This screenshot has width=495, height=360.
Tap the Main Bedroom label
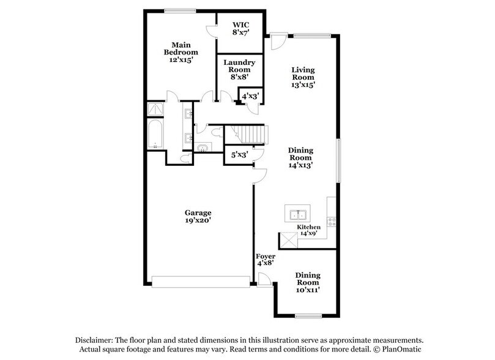point(184,52)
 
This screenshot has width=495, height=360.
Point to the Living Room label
point(303,77)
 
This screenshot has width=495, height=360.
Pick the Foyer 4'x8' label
point(266,259)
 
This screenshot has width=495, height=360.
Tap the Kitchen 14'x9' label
point(309,230)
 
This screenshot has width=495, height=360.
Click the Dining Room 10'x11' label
point(307,282)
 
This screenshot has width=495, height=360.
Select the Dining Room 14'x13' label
point(302,157)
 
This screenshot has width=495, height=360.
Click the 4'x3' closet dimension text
point(250,97)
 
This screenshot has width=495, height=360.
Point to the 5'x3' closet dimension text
point(239,155)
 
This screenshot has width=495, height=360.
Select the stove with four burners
point(332,222)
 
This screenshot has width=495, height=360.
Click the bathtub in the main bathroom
point(155,134)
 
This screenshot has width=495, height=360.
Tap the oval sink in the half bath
point(203,147)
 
